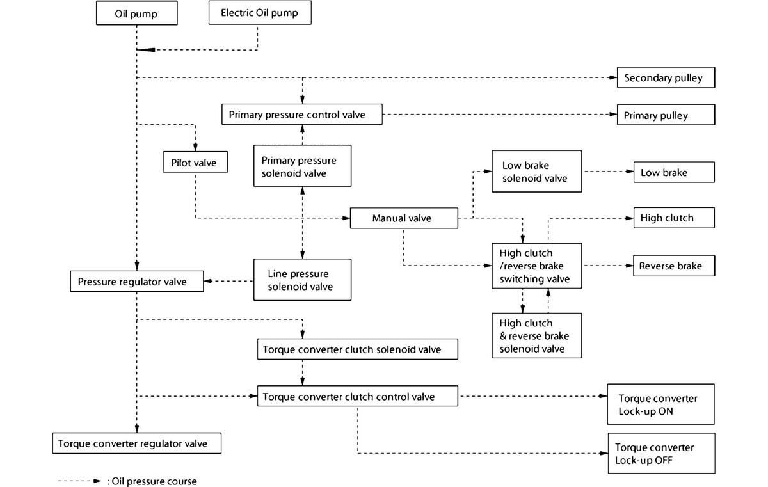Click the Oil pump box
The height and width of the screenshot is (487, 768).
[x=137, y=13]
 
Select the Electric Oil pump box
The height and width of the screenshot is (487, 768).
[x=260, y=13]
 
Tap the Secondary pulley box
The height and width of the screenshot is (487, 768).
[x=666, y=77]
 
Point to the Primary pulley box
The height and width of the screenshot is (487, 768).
[x=666, y=115]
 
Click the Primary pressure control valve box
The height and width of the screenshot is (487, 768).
[x=301, y=115]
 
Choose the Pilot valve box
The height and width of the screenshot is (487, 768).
[x=195, y=162]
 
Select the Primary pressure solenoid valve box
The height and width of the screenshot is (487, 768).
[x=302, y=166]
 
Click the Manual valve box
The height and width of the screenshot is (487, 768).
[x=404, y=218]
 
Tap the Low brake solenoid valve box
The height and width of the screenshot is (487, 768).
[x=536, y=172]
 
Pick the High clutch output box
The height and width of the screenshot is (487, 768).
[x=674, y=218]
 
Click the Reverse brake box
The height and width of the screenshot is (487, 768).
[x=674, y=266]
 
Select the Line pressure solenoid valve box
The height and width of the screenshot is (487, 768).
[x=302, y=280]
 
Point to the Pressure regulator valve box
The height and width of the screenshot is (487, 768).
[x=137, y=282]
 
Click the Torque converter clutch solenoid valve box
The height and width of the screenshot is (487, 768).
[x=358, y=349]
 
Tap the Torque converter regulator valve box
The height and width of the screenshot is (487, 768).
[x=137, y=443]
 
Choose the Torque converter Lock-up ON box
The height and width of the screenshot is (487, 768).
[x=660, y=404]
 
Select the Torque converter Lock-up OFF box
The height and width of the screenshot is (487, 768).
[x=661, y=454]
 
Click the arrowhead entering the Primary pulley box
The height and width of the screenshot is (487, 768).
[x=613, y=115]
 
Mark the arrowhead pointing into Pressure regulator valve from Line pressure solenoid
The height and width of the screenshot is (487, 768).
[x=208, y=281]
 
